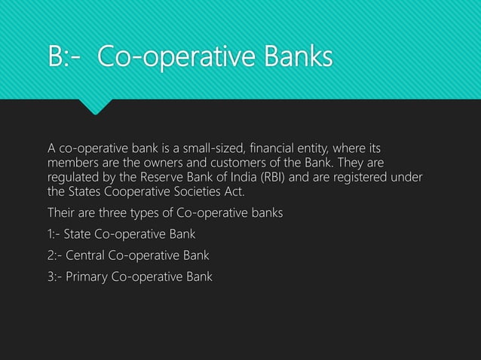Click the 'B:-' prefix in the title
click(x=66, y=57)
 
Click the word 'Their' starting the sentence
click(x=61, y=212)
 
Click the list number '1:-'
click(x=56, y=233)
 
